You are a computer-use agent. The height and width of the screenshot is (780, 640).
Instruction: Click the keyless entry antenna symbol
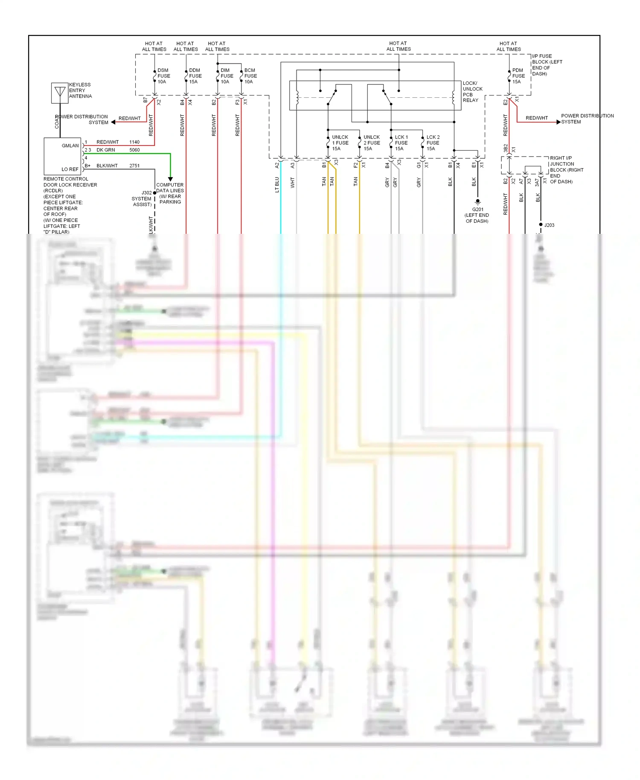tap(60, 93)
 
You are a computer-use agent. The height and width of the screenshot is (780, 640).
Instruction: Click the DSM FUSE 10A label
tap(163, 76)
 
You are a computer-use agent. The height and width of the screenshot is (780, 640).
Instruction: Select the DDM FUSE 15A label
tap(195, 76)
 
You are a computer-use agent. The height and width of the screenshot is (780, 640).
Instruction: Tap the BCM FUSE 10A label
tap(250, 76)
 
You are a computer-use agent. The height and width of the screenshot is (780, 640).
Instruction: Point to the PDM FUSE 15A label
tap(518, 76)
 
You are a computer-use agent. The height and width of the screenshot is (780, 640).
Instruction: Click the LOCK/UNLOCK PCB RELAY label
tap(472, 92)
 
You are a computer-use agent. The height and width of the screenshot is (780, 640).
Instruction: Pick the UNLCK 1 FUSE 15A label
tap(340, 143)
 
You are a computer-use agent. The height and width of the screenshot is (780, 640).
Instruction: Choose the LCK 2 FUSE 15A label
tap(433, 143)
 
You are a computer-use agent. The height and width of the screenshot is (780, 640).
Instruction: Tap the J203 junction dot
tap(541, 224)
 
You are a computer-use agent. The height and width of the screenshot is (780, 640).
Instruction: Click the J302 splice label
tap(146, 193)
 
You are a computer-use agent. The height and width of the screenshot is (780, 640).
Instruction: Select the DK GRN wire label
tap(105, 150)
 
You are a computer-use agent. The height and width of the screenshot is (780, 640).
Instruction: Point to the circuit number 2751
tap(134, 166)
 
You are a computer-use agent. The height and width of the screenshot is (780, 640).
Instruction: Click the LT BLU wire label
tap(277, 185)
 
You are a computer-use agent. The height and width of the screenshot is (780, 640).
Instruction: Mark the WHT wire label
tap(293, 183)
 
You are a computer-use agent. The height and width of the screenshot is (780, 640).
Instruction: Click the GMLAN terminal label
tap(70, 146)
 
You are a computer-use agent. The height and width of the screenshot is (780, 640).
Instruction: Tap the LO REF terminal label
tap(70, 169)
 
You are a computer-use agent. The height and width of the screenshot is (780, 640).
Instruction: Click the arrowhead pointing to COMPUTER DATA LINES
tap(170, 179)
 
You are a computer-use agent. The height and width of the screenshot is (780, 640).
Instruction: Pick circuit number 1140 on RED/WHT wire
tap(134, 142)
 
